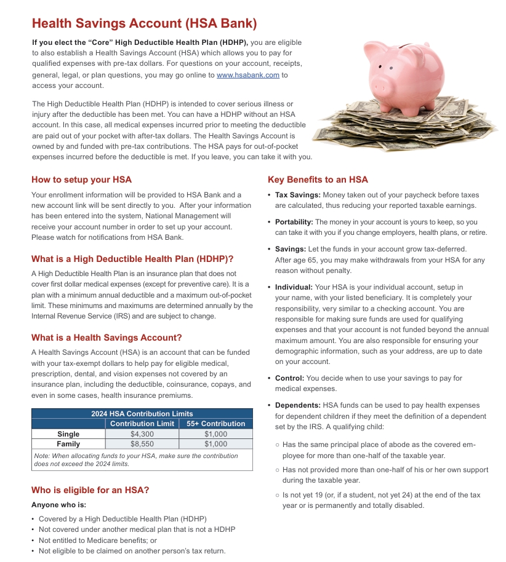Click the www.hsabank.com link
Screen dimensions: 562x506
(x=248, y=75)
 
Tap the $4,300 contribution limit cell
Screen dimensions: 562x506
(x=142, y=434)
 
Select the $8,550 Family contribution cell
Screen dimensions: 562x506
(x=142, y=443)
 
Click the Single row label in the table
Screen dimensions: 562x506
(x=68, y=434)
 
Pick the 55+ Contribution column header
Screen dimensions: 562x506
(x=215, y=424)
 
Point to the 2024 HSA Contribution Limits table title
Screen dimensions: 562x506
(x=142, y=414)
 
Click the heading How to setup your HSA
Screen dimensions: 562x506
(x=81, y=180)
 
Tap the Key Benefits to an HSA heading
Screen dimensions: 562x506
(x=318, y=180)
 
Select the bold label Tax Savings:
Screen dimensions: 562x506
(x=297, y=195)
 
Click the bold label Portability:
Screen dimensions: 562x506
(x=294, y=222)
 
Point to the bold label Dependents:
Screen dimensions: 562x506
(x=298, y=405)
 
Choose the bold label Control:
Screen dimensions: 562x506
(x=289, y=378)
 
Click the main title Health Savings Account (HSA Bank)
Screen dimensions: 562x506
(x=144, y=24)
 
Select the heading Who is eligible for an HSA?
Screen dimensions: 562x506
(x=90, y=490)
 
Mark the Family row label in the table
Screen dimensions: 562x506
(x=68, y=443)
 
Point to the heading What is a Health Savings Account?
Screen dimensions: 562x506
(x=106, y=338)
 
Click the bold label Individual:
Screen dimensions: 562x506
(x=294, y=287)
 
